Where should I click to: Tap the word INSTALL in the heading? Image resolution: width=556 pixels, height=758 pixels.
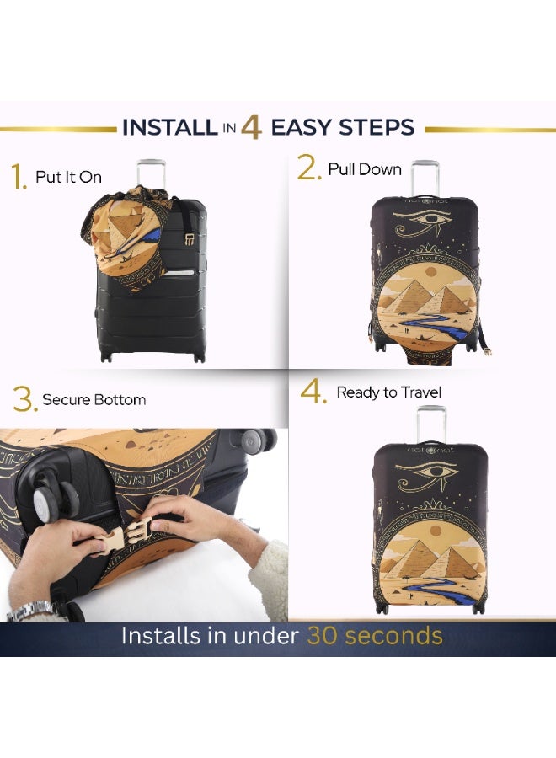point(169,127)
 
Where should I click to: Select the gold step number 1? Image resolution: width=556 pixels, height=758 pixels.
point(19,177)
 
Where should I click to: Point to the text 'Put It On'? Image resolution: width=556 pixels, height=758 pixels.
point(68,177)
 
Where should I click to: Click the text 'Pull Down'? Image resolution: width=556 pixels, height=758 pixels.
point(365,169)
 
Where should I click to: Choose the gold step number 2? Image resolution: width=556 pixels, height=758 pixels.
point(309,168)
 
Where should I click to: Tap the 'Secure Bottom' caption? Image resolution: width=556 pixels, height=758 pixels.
point(94,400)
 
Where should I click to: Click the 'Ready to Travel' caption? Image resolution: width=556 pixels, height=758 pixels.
point(389,392)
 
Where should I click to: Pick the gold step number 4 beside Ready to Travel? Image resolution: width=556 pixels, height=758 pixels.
point(313,391)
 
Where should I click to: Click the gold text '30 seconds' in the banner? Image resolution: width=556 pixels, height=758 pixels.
point(375,635)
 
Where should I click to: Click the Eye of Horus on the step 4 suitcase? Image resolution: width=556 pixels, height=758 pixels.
point(427,472)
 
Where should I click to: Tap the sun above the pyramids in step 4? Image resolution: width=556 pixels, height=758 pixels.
point(436,531)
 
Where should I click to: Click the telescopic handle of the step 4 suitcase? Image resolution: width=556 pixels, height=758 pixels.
point(431,424)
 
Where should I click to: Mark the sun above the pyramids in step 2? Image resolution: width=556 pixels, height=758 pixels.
point(430,273)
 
